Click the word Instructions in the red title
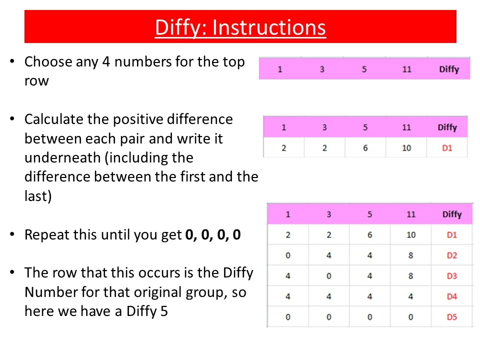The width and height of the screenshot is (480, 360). (x=269, y=27)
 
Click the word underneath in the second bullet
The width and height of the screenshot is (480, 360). (x=62, y=157)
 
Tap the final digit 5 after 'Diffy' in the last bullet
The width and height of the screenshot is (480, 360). (x=164, y=311)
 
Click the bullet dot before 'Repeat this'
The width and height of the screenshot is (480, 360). (x=12, y=234)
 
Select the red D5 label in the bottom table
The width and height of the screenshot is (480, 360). (x=452, y=317)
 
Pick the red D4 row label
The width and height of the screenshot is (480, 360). (x=452, y=296)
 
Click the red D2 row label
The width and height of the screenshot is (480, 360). (x=452, y=255)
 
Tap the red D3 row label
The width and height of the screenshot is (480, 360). (x=452, y=276)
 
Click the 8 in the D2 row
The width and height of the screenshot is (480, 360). (x=411, y=255)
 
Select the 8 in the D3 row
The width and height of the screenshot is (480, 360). (x=411, y=276)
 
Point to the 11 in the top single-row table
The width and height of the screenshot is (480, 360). (x=407, y=69)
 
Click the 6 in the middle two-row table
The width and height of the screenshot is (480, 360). (x=365, y=148)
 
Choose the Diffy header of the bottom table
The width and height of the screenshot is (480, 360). (x=452, y=214)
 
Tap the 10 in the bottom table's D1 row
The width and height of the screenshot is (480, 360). (x=411, y=235)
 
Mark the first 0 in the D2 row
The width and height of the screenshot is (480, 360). (x=288, y=255)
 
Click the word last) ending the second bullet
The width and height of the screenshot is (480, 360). (x=38, y=196)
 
